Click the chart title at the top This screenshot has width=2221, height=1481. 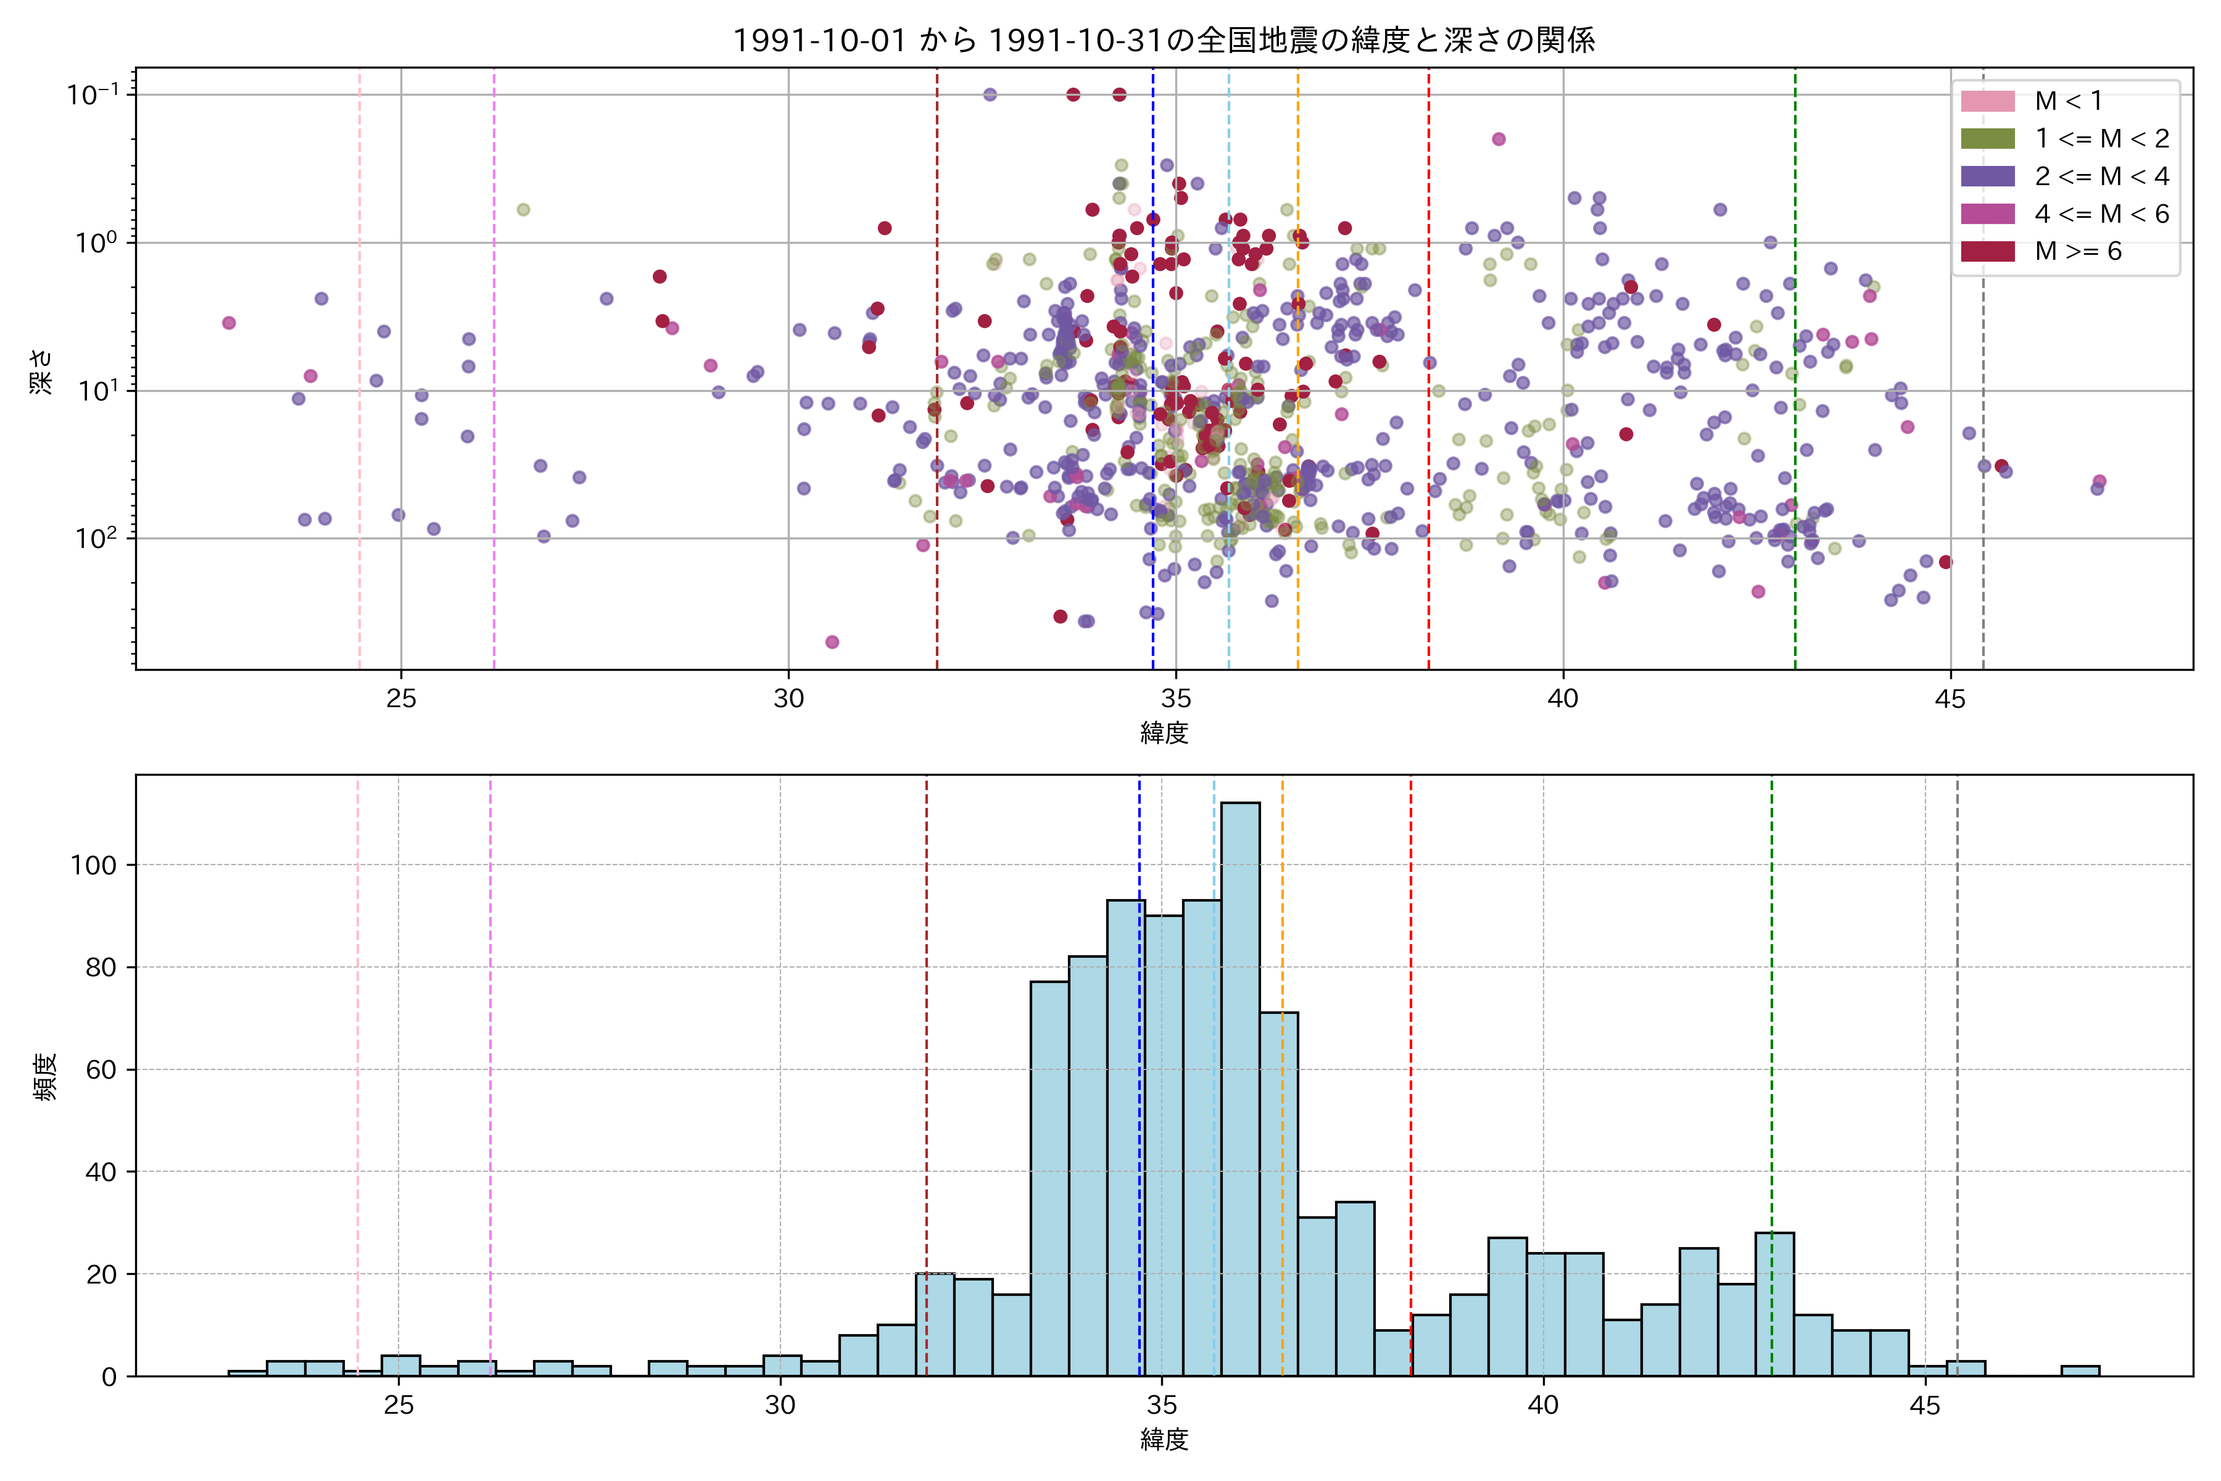[1164, 39]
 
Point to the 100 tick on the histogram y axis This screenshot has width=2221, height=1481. [94, 865]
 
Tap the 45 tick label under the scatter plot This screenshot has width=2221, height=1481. [1950, 699]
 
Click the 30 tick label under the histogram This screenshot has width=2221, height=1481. [780, 1406]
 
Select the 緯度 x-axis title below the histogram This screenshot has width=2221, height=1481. [1164, 1440]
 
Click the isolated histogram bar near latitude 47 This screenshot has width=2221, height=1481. [2079, 1371]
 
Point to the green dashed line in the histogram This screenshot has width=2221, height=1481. [1771, 1039]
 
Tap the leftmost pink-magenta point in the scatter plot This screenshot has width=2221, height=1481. [228, 323]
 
